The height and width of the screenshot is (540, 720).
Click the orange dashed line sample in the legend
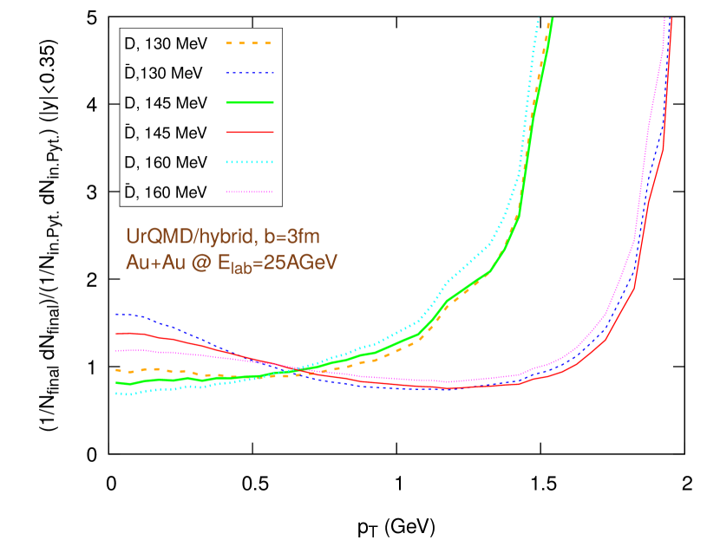(x=250, y=42)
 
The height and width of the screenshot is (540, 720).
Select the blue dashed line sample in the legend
(x=250, y=73)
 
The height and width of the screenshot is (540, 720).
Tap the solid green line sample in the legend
(x=250, y=102)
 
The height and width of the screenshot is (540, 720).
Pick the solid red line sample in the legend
(x=250, y=132)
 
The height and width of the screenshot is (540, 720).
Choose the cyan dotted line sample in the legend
(x=250, y=162)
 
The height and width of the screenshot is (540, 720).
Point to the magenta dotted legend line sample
(x=250, y=192)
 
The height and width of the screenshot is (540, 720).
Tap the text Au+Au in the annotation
(x=153, y=263)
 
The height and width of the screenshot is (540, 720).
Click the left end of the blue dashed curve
(x=117, y=314)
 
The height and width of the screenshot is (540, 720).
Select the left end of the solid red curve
(x=117, y=334)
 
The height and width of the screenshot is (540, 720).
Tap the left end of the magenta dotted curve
(x=117, y=350)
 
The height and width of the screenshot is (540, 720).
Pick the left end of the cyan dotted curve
(x=117, y=393)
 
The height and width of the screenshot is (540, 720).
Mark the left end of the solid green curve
(x=117, y=381)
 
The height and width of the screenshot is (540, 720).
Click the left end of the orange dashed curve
(x=117, y=371)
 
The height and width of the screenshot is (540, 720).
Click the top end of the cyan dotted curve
(x=539, y=17)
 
